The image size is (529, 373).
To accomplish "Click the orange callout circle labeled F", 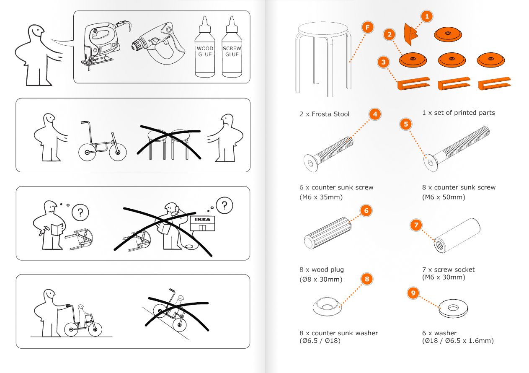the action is point(367,27).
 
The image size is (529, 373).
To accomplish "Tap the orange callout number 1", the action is point(427,16).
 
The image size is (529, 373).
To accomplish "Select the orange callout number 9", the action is point(413,293).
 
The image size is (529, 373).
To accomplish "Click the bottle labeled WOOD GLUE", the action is point(205,47).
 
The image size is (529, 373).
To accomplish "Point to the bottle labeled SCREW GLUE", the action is point(232,47).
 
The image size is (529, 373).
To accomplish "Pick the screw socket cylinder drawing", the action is point(457,236).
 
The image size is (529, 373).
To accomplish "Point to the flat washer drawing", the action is point(453,308).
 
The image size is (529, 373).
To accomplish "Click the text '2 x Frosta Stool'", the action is point(324,114).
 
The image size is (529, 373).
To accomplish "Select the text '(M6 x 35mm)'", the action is point(321,197).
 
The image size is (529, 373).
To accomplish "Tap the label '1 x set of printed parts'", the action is point(458,113).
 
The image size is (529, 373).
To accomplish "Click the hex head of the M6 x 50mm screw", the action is point(431,163).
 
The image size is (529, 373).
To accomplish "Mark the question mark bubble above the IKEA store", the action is point(225,205).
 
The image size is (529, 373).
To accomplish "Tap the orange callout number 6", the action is point(366,211).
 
